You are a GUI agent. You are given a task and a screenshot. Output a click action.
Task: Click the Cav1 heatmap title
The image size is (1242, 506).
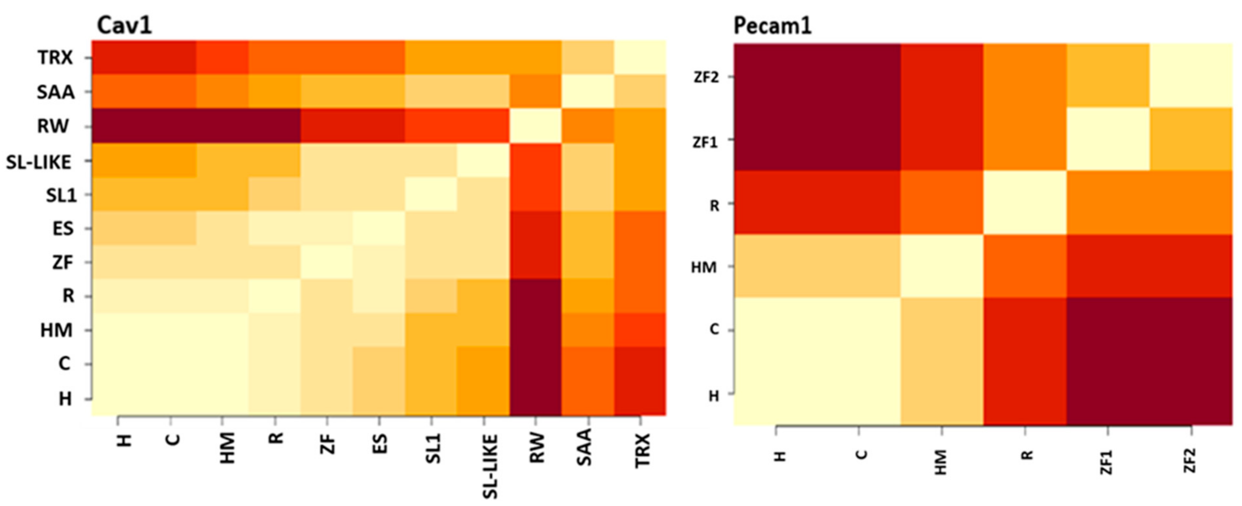click(124, 25)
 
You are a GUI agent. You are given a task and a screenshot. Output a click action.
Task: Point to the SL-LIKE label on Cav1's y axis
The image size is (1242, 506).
click(38, 163)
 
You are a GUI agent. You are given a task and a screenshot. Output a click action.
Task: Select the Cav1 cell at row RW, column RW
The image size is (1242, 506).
click(536, 126)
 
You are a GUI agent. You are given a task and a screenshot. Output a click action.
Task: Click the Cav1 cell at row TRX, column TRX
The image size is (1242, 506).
click(640, 57)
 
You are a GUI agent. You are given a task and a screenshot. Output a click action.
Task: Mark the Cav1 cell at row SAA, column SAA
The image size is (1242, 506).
click(588, 92)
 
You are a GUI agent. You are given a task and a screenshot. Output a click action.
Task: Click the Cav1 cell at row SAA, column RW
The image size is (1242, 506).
click(536, 92)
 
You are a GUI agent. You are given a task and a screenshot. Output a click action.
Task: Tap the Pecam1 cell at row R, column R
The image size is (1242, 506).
click(1025, 202)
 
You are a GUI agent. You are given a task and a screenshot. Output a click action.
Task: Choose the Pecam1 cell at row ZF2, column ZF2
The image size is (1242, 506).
click(1191, 75)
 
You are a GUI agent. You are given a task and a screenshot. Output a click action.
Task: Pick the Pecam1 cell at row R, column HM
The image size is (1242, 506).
click(942, 202)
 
